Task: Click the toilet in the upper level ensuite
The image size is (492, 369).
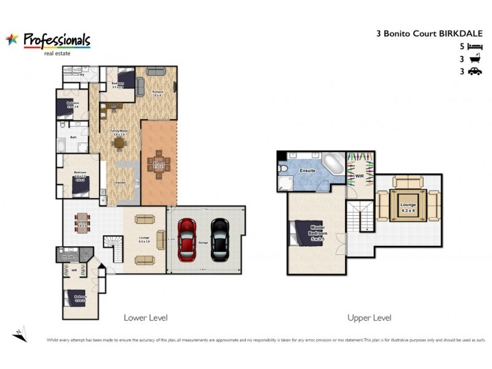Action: (x=282, y=167)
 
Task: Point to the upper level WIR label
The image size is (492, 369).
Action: (x=360, y=175)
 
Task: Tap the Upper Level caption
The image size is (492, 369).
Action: (x=369, y=318)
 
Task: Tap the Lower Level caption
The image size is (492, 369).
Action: (x=146, y=318)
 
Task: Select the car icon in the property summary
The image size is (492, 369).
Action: (x=474, y=71)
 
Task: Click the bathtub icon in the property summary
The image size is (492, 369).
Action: (x=474, y=59)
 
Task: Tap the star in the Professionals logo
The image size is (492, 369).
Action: (x=12, y=39)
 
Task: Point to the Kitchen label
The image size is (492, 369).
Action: (x=121, y=182)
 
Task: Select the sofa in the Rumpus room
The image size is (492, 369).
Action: (x=155, y=73)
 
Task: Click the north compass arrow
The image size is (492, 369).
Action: (x=20, y=332)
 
